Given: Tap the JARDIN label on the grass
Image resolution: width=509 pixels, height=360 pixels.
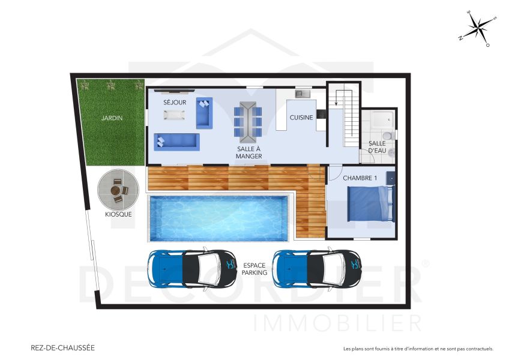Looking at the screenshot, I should coord(112,118).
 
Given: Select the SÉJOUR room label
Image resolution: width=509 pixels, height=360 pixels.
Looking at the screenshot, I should coord(175,103).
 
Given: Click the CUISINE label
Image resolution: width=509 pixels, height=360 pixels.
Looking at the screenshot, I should coord(301,118).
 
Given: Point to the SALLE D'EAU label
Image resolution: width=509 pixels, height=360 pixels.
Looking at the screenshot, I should coord(377,147).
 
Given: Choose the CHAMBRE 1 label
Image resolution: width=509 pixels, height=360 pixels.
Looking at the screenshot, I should coord(359,178).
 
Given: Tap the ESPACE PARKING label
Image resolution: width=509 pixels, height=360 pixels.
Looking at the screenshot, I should coord(255,268).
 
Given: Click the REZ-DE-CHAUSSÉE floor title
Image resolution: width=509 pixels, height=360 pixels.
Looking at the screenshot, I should coord(62,347).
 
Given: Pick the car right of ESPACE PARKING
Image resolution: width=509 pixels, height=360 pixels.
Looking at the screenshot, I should coord(317,268).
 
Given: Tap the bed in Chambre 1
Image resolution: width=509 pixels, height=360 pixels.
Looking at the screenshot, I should coord(371,204).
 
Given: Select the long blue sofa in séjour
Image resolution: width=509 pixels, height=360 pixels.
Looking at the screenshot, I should coord(177,142).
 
